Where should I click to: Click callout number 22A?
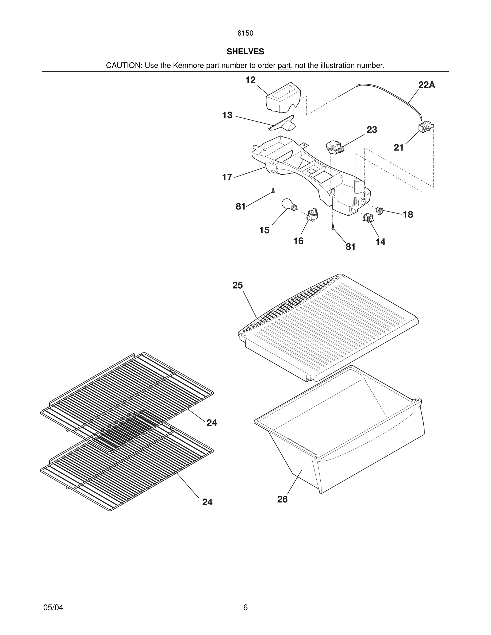click(x=427, y=85)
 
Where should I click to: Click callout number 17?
click(x=227, y=177)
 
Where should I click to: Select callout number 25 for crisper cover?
click(x=237, y=285)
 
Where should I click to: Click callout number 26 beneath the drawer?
click(x=282, y=499)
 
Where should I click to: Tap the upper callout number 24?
click(x=212, y=423)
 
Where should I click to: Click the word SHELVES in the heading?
click(x=245, y=52)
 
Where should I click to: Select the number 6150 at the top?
click(x=245, y=33)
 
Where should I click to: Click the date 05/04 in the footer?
click(x=53, y=607)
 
